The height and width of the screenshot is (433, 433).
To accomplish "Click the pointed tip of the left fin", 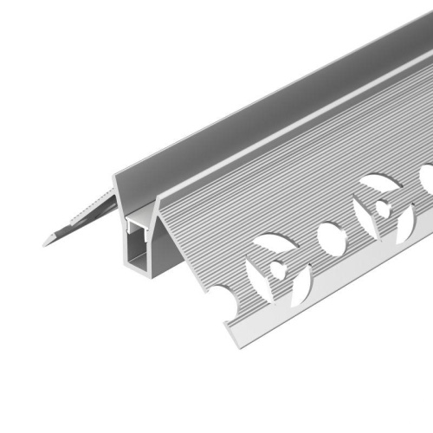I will [x=45, y=242].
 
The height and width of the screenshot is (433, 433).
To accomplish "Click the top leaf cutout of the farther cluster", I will [x=378, y=183].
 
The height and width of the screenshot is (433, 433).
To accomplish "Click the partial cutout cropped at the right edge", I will [x=426, y=178].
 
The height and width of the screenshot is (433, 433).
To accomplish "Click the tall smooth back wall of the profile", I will [x=260, y=104].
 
